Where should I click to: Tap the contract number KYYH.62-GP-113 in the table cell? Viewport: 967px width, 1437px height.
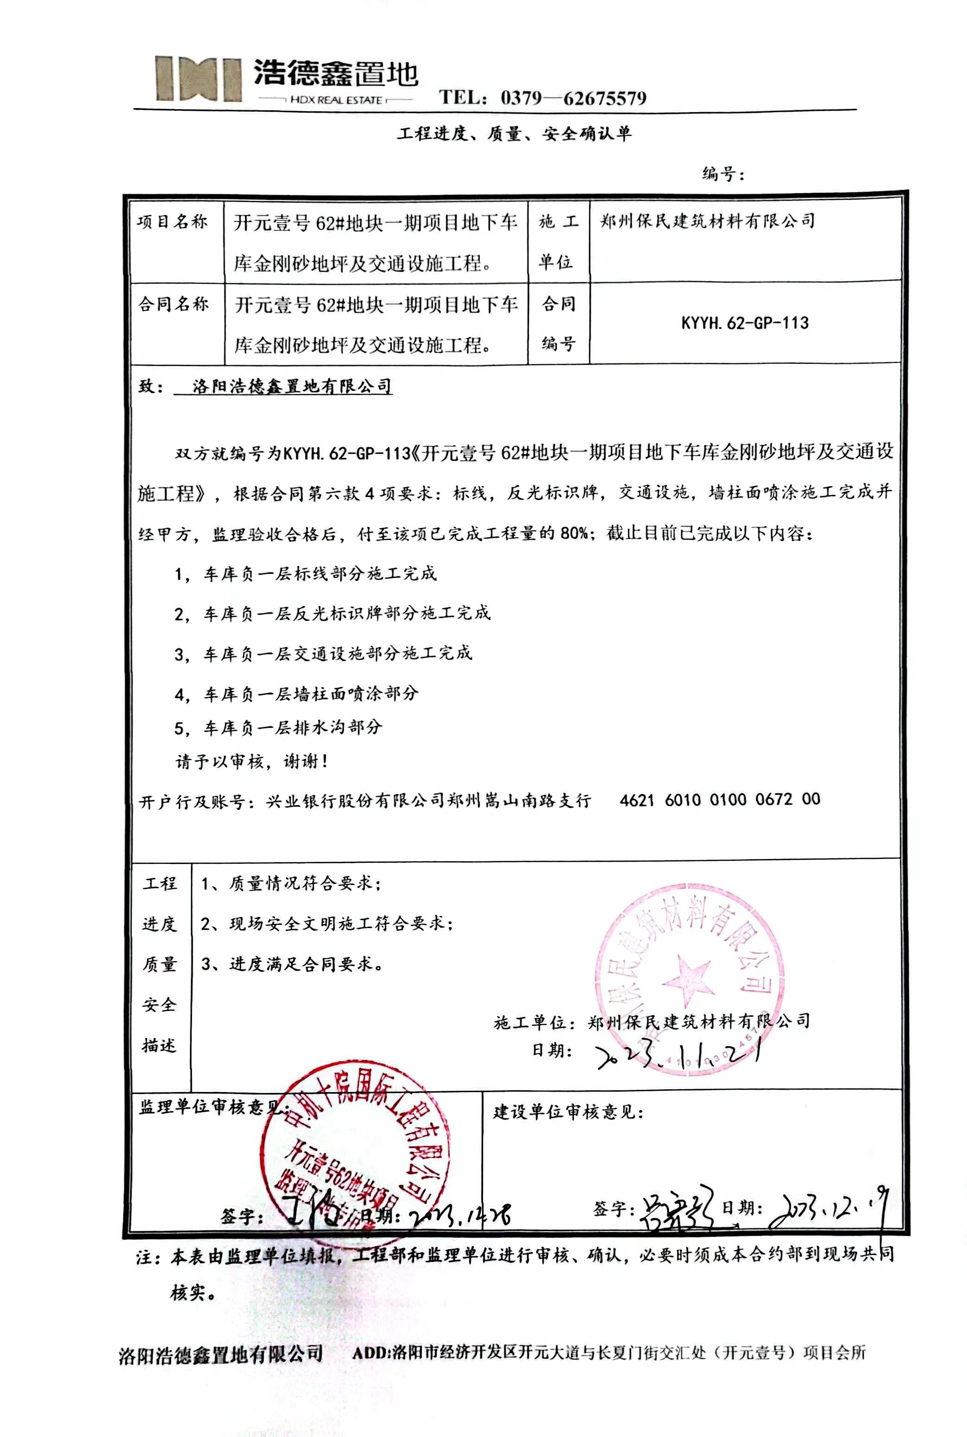[744, 323]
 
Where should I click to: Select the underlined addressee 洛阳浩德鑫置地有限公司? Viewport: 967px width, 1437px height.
[292, 387]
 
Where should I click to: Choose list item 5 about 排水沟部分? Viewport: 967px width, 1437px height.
[278, 728]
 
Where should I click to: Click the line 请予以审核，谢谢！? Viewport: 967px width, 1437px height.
[252, 762]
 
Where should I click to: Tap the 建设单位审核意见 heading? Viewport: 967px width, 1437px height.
[568, 1113]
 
